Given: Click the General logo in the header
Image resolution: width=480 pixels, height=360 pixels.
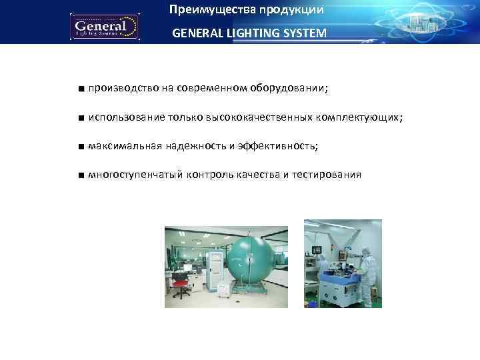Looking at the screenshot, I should tap(105, 27).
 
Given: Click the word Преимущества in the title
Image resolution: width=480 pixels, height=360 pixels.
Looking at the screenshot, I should tap(201, 10).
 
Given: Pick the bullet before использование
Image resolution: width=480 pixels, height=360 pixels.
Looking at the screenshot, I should tap(80, 118).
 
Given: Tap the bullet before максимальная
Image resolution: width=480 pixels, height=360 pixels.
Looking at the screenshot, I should tap(80, 147).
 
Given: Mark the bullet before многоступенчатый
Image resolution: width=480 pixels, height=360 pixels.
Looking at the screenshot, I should tap(80, 175).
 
